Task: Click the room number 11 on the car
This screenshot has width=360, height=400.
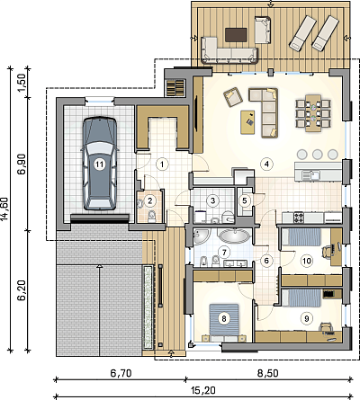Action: coord(99,164)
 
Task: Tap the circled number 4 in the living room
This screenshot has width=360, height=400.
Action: coord(266,164)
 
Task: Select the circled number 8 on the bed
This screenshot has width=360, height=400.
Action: coord(224,318)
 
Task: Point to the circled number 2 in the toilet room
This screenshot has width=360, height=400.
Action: coord(150,200)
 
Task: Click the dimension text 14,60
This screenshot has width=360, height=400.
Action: coord(5,209)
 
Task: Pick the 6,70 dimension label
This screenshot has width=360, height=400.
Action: coord(121,373)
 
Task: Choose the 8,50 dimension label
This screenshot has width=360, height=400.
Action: coord(267,373)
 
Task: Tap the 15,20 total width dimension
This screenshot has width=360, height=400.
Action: coord(203,390)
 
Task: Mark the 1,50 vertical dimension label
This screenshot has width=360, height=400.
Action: coord(22,82)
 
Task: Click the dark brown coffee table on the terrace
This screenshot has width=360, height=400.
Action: coord(236,33)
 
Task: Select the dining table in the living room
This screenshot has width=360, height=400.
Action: coord(313,113)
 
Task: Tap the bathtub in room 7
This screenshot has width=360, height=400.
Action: coord(234,236)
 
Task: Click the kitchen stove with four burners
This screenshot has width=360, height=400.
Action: coord(299,218)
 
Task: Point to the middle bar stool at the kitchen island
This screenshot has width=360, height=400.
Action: coord(318,154)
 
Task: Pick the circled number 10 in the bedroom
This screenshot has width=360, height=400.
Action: coord(306,261)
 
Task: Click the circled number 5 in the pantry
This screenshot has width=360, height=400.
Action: coord(245,200)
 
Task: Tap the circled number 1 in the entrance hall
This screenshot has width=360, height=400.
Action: coord(162,164)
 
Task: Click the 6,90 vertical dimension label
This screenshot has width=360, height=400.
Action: coord(22,164)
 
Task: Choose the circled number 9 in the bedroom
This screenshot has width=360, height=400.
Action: coord(306,318)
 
